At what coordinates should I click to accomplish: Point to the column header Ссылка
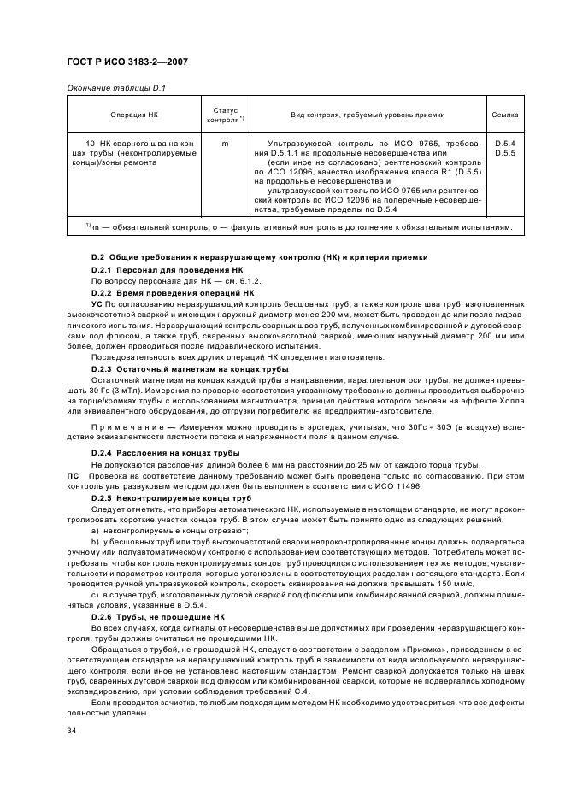point(505,115)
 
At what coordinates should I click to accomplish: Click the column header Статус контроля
point(225,115)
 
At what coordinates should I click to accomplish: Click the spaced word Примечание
point(127,424)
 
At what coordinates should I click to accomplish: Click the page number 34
point(71,731)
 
